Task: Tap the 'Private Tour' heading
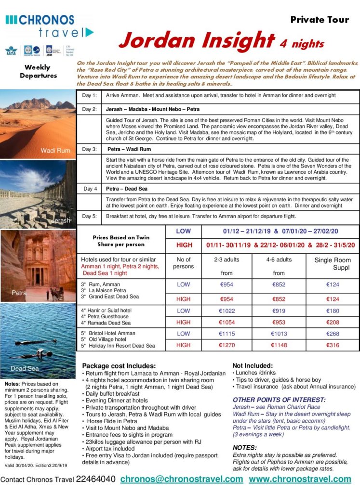pos(320,20)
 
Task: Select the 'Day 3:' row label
pos(90,149)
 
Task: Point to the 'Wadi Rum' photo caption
pos(55,151)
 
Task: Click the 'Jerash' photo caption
pos(61,221)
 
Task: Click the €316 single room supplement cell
pos(333,345)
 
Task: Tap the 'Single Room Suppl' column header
pos(333,263)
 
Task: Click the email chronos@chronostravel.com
pos(181,479)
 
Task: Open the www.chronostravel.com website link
pos(300,479)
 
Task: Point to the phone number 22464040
pos(95,479)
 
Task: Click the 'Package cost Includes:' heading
pos(119,365)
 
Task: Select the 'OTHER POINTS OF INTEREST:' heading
pos(279,400)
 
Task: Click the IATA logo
pos(11,51)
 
